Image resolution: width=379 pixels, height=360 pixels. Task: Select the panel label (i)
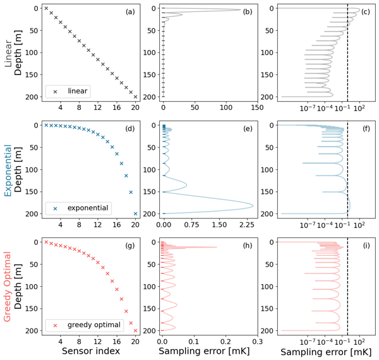[x=364, y=245]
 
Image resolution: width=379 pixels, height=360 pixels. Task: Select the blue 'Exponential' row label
[x=9, y=168]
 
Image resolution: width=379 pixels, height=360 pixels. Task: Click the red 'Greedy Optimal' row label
[x=9, y=285]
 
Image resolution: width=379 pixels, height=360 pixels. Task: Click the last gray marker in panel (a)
[x=135, y=97]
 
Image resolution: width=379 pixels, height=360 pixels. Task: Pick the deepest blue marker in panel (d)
[x=135, y=213]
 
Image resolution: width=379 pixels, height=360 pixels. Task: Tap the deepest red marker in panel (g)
[x=135, y=330]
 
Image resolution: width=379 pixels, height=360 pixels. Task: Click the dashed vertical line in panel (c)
[x=347, y=57]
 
